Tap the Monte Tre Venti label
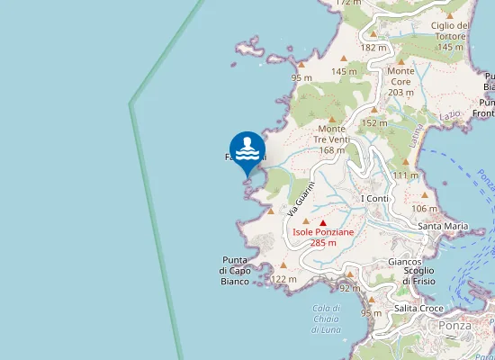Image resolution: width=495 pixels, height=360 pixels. (x=331, y=139)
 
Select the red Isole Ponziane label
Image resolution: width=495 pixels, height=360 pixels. (x=323, y=237)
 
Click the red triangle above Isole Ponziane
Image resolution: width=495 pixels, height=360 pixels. (x=323, y=222)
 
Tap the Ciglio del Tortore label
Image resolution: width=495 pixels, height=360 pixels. (x=450, y=36)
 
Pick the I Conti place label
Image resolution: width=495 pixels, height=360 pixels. (x=373, y=198)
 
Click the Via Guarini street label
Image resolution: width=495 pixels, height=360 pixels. (x=293, y=198)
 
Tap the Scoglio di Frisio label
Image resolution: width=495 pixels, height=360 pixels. (x=418, y=275)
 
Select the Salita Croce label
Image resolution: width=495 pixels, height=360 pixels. (x=418, y=309)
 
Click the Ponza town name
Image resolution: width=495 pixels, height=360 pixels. (x=454, y=326)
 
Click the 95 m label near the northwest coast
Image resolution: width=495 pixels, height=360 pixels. (x=301, y=78)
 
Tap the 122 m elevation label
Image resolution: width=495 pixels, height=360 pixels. (x=283, y=280)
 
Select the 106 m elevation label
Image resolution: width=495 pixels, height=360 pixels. (x=424, y=209)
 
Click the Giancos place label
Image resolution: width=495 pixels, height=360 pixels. (x=404, y=262)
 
